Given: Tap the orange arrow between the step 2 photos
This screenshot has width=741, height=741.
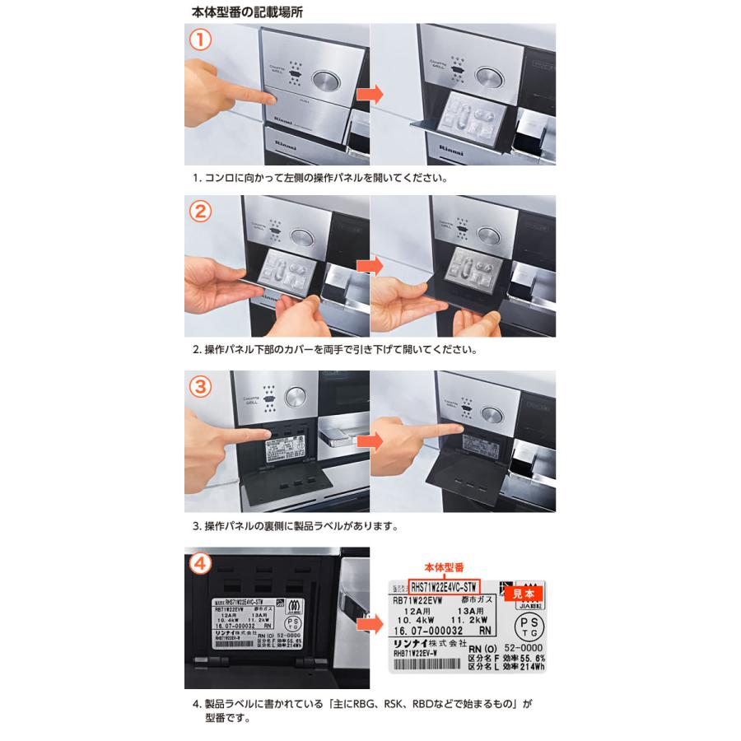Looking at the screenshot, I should click(370, 267).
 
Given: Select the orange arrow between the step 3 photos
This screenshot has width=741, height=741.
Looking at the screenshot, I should click(370, 441).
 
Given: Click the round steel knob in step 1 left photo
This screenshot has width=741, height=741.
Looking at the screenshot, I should click(325, 81).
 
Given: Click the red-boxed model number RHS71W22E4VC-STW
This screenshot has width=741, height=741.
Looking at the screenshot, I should click(445, 587).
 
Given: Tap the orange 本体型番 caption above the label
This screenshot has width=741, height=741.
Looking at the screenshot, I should click(445, 568).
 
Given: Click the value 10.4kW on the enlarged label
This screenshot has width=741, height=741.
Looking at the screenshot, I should click(420, 618).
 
